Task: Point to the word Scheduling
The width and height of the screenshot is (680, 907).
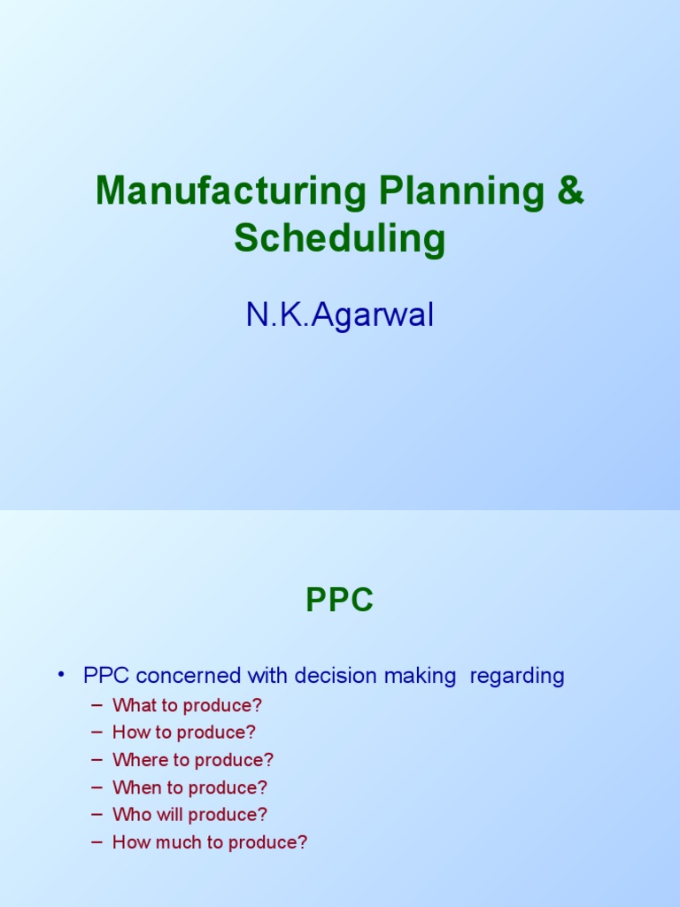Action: tap(340, 238)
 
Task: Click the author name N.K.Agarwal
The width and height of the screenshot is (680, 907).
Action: tap(340, 315)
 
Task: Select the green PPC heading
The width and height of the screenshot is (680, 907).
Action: tap(340, 601)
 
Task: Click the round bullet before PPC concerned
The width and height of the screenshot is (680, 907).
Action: tap(62, 676)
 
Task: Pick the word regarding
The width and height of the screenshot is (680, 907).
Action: tap(517, 677)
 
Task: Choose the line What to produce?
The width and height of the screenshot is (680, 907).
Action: tap(188, 706)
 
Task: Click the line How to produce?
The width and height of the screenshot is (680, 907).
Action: tap(184, 733)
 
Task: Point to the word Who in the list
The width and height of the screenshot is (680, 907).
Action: tap(129, 815)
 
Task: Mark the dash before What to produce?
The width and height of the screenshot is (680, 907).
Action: tap(97, 706)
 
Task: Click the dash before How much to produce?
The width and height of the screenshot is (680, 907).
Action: tap(97, 842)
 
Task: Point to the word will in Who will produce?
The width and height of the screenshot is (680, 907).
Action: tap(164, 815)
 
